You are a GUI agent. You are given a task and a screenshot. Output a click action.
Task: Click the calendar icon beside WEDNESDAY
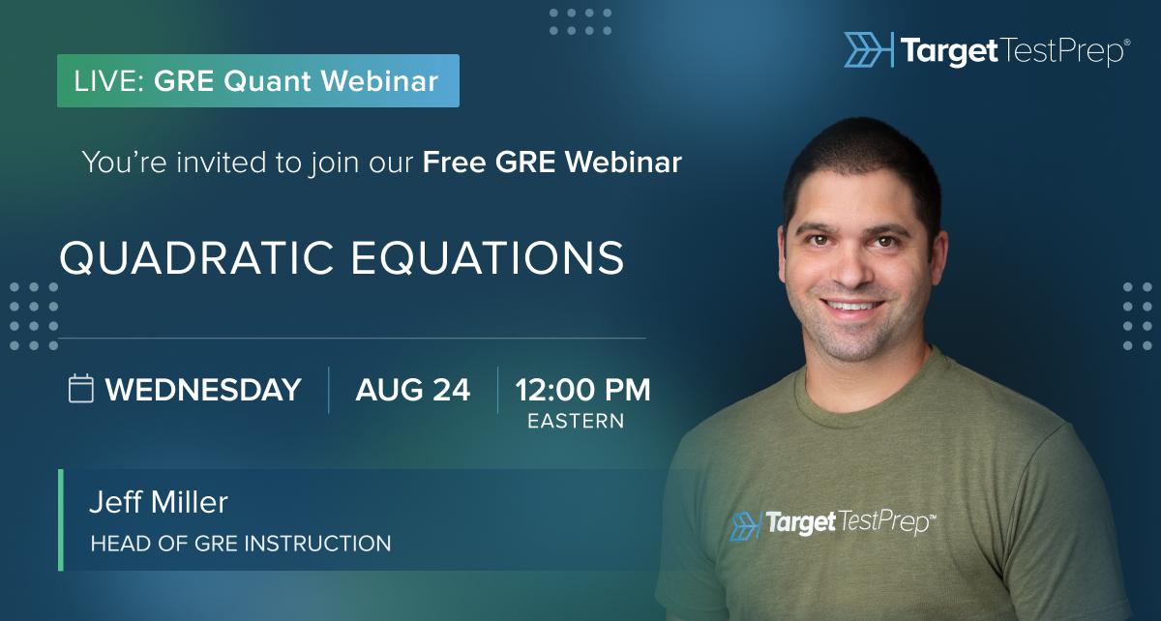(81, 388)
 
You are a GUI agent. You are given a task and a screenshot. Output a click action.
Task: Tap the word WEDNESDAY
(203, 390)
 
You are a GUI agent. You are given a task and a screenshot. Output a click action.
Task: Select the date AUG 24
(412, 390)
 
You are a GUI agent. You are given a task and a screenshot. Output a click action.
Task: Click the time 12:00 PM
(582, 390)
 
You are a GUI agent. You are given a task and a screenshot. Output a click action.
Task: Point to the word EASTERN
(576, 421)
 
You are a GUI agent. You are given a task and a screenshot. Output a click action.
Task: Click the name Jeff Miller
(159, 502)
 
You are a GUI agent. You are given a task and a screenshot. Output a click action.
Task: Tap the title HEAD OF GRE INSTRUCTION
(241, 544)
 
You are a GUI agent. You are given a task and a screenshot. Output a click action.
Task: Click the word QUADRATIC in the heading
(196, 257)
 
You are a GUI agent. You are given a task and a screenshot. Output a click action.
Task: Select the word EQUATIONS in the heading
(488, 257)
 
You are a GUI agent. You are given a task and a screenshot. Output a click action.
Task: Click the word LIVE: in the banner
(108, 81)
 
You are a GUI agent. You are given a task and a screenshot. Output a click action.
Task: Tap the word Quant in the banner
(267, 82)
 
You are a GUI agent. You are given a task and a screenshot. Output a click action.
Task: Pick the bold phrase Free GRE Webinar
(552, 163)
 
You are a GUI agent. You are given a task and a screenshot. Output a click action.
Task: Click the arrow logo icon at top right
(868, 49)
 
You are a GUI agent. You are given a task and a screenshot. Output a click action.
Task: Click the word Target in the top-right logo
(949, 52)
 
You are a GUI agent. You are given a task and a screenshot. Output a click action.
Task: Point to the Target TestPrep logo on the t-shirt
(833, 523)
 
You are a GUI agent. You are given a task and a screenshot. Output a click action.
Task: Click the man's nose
(851, 270)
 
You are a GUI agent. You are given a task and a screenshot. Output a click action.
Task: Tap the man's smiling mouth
(852, 306)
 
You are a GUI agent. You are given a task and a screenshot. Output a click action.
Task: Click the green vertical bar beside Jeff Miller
(61, 520)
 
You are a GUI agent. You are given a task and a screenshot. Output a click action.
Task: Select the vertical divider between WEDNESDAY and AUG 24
(329, 390)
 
